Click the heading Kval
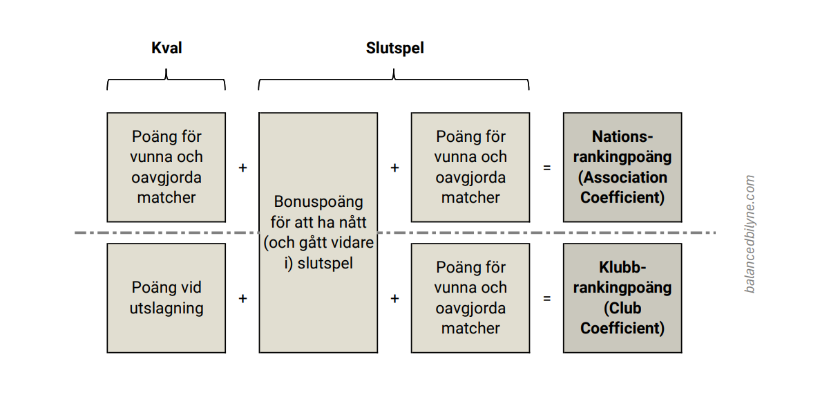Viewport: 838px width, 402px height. point(166,48)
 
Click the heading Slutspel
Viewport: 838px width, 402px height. point(394,48)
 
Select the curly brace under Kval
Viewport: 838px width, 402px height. point(166,80)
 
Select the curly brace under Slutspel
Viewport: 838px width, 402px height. point(394,80)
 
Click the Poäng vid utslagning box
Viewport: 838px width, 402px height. point(166,298)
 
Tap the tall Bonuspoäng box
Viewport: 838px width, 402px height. point(318,232)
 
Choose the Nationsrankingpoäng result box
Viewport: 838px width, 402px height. point(622,167)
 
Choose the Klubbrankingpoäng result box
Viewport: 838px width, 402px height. point(622,298)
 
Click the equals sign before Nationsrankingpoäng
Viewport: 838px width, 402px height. point(547,167)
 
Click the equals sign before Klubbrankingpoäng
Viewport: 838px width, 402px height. point(547,298)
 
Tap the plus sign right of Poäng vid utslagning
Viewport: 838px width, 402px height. point(242,298)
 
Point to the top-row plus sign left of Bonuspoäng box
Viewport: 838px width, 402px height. point(242,167)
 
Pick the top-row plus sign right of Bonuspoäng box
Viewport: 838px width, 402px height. point(394,167)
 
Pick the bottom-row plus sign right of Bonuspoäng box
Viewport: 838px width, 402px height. point(394,298)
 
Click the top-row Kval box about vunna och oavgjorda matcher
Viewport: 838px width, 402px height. point(166,167)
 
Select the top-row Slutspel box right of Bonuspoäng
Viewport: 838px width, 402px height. point(470,167)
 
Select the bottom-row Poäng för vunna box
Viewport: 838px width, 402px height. point(470,298)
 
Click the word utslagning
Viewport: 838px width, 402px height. point(166,308)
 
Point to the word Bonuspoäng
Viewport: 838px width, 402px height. point(318,202)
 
